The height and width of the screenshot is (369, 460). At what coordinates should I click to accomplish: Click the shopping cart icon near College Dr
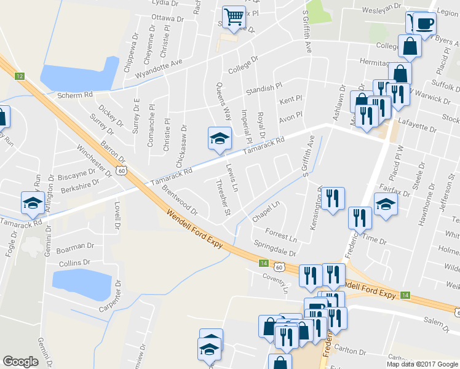[234, 18]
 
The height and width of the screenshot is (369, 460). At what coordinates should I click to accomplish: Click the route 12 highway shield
[20, 76]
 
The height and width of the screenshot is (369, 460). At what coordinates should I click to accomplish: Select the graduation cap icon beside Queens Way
[219, 139]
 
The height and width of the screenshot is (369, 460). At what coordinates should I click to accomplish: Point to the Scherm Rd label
[74, 95]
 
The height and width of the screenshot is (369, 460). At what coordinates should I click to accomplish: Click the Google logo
[20, 362]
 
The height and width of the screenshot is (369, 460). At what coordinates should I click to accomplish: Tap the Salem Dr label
[437, 321]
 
